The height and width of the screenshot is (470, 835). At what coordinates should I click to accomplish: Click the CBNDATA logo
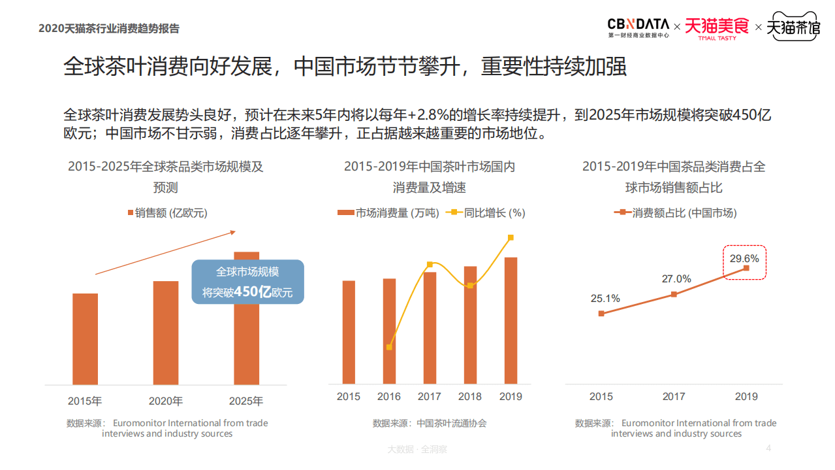tap(638, 27)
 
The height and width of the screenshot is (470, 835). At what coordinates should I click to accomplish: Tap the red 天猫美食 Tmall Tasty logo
tap(716, 27)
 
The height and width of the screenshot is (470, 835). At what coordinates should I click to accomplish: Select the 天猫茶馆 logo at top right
tap(793, 27)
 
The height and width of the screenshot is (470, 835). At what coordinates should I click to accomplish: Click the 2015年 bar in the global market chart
tap(85, 339)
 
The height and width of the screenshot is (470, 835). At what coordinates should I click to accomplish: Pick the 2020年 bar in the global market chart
tap(166, 332)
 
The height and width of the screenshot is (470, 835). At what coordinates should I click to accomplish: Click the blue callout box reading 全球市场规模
tap(247, 282)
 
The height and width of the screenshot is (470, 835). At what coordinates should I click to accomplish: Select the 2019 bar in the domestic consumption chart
tap(511, 320)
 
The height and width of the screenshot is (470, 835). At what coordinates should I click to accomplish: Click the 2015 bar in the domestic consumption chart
tap(349, 332)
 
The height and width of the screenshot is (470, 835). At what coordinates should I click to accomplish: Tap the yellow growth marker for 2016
tap(389, 347)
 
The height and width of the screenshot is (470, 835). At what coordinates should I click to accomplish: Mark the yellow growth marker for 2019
tap(511, 238)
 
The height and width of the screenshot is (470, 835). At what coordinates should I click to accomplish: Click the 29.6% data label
tap(744, 258)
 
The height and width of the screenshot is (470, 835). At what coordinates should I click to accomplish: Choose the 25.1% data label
tap(605, 299)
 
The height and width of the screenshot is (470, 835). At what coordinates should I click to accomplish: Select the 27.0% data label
tap(676, 278)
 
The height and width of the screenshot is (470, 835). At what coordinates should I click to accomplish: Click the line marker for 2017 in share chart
tap(674, 294)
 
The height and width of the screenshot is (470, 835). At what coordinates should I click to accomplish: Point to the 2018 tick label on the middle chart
tap(470, 396)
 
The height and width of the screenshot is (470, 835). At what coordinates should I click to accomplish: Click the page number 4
tap(768, 448)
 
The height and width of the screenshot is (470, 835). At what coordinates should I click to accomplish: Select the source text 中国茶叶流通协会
tap(451, 423)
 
